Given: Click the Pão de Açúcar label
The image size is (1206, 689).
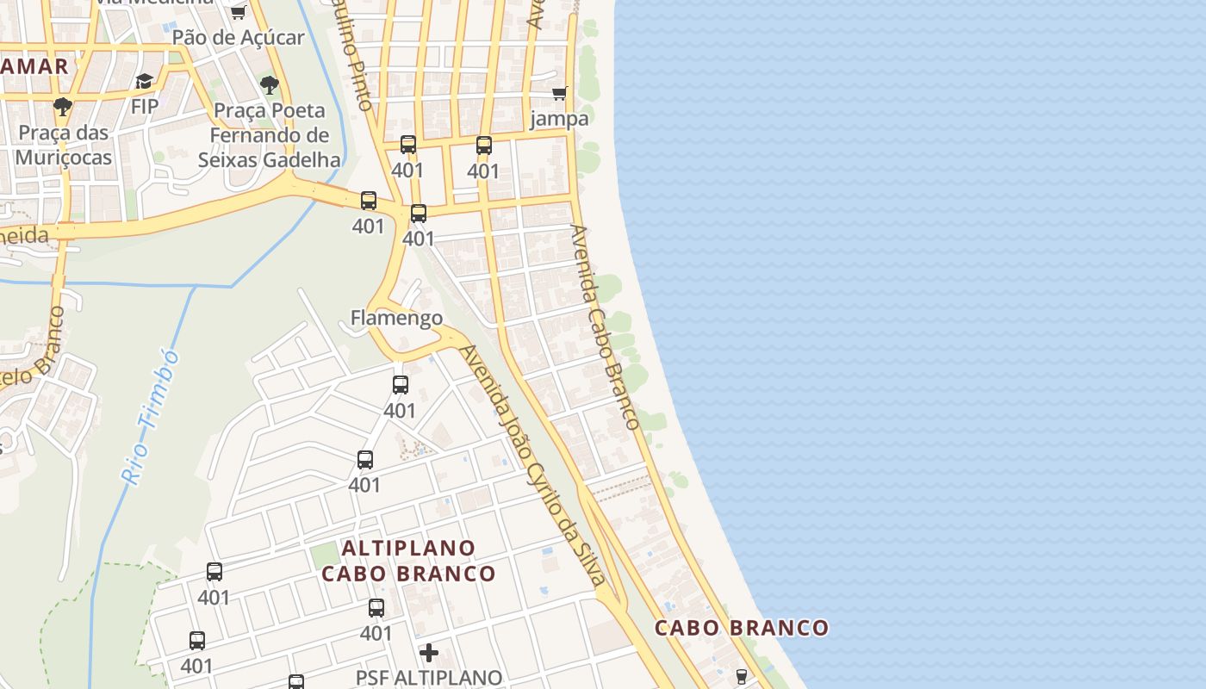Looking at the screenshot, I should pyautogui.click(x=238, y=37).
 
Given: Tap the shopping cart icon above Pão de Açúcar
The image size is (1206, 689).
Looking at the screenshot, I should pyautogui.click(x=238, y=12).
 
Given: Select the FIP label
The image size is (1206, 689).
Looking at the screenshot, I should pyautogui.click(x=145, y=106).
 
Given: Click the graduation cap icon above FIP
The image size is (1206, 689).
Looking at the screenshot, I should pyautogui.click(x=144, y=81).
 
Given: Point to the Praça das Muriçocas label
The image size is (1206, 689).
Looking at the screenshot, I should pyautogui.click(x=63, y=145).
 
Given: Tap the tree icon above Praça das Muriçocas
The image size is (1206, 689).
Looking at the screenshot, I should pyautogui.click(x=62, y=107).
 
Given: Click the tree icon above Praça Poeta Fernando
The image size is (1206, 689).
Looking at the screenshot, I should pyautogui.click(x=270, y=84).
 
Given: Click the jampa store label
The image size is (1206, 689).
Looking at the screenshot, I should pyautogui.click(x=559, y=118).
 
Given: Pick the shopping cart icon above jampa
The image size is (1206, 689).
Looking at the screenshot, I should pyautogui.click(x=560, y=93).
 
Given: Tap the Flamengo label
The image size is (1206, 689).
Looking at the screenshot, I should pyautogui.click(x=396, y=318).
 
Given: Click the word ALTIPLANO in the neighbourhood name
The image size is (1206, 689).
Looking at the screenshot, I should pyautogui.click(x=408, y=548).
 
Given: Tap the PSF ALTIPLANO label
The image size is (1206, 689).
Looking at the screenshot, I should pyautogui.click(x=429, y=678).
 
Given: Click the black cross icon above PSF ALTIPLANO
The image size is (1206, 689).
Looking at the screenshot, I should pyautogui.click(x=428, y=653).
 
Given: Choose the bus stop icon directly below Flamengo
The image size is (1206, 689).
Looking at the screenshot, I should pyautogui.click(x=400, y=385).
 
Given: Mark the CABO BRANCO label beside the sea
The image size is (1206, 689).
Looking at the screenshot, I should pyautogui.click(x=742, y=628).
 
